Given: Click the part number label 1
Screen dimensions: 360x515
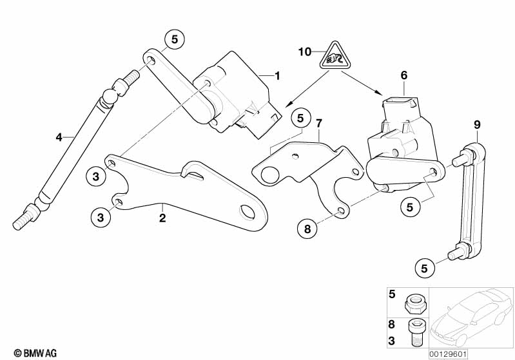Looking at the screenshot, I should point(277,77).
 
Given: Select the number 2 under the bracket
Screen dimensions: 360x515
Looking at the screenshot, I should point(162,218).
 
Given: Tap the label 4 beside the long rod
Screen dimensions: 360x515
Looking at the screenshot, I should point(59,137).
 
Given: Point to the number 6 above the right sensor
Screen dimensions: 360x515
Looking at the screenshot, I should point(404,75).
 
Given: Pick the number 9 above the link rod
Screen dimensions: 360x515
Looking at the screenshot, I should point(478,124).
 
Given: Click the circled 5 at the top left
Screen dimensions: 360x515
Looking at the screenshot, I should point(174,39).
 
